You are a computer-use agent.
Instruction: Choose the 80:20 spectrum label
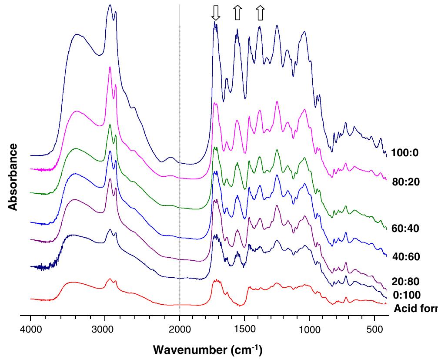coord(406,182)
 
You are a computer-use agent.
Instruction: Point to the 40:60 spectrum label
coord(406,257)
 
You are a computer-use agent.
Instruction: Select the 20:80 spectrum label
coord(406,282)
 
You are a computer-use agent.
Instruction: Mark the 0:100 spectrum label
coord(406,296)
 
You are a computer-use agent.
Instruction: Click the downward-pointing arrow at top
coord(216,13)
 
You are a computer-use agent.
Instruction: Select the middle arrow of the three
coord(237,13)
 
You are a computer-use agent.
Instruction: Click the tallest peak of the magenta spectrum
coord(110,67)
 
